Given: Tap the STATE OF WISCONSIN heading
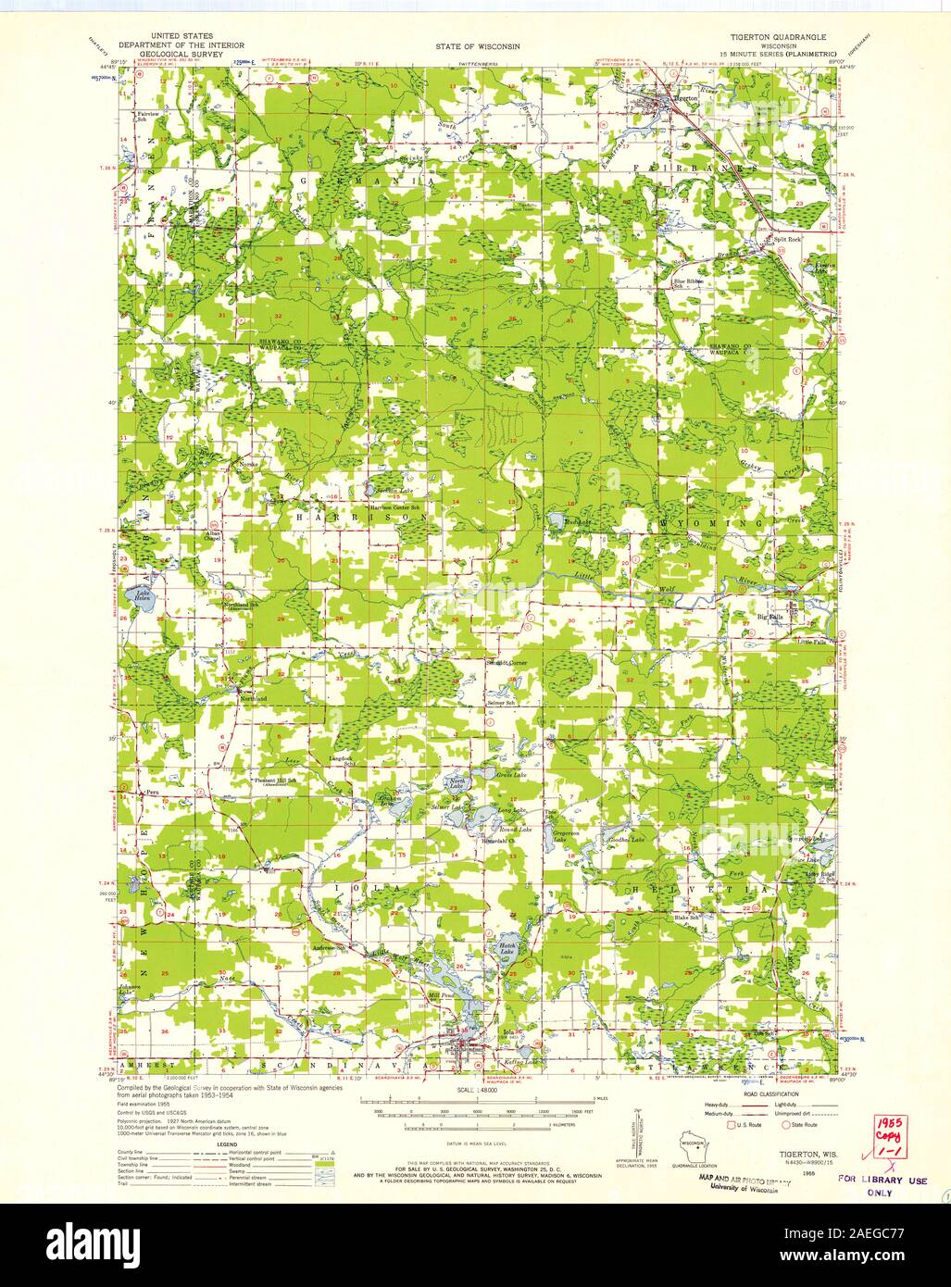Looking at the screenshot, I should (x=477, y=44).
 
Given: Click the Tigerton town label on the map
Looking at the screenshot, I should (x=686, y=96).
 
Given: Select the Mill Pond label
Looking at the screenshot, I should (x=431, y=996).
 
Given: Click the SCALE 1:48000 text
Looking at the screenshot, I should (x=476, y=1092).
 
